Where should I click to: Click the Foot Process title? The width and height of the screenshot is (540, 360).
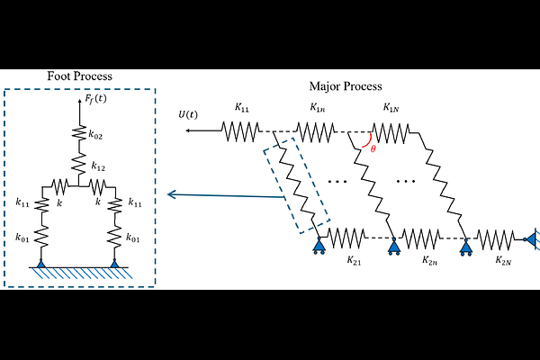pyautogui.click(x=79, y=76)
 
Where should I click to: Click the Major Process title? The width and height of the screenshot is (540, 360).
pyautogui.click(x=346, y=86)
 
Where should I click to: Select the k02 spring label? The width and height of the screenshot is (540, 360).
pyautogui.click(x=95, y=135)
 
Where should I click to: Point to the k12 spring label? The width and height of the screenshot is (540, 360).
pyautogui.click(x=98, y=166)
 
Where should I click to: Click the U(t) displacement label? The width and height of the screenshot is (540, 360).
pyautogui.click(x=188, y=114)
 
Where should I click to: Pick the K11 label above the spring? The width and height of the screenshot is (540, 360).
pyautogui.click(x=242, y=108)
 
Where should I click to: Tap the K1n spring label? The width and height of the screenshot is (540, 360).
pyautogui.click(x=318, y=108)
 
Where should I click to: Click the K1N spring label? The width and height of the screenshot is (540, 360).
pyautogui.click(x=391, y=108)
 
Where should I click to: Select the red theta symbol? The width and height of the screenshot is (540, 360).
pyautogui.click(x=373, y=149)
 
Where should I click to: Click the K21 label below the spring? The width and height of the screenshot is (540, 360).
pyautogui.click(x=354, y=260)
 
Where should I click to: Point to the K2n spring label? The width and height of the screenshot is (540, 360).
pyautogui.click(x=430, y=260)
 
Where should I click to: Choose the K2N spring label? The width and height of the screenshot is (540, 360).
pyautogui.click(x=503, y=260)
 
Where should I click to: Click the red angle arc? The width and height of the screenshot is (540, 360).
pyautogui.click(x=370, y=142)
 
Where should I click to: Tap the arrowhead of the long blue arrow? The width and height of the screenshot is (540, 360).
pyautogui.click(x=171, y=195)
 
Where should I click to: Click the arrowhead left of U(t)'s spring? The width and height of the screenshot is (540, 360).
pyautogui.click(x=188, y=130)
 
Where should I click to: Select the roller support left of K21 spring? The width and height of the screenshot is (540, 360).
pyautogui.click(x=319, y=246)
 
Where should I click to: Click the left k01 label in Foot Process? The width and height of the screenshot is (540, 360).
pyautogui.click(x=22, y=238)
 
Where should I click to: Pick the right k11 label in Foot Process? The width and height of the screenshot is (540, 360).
pyautogui.click(x=135, y=202)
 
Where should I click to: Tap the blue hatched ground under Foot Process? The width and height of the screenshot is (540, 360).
pyautogui.click(x=82, y=273)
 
